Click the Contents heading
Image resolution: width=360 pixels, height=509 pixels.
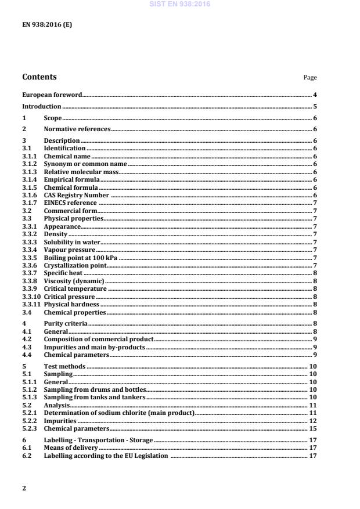[x=39, y=77]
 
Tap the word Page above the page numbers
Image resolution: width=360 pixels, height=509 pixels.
[x=310, y=78]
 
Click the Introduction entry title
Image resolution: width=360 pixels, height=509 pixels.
[x=42, y=107]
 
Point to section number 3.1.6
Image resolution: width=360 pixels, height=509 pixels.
[x=30, y=196]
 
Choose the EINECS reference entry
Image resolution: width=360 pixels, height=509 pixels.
[x=70, y=203]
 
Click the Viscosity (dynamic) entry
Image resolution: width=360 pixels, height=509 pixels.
[x=74, y=281]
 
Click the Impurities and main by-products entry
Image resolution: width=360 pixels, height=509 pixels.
[x=95, y=347]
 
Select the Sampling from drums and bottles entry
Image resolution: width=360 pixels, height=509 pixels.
[x=95, y=389]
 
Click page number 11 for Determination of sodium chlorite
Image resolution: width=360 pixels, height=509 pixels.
[x=312, y=413]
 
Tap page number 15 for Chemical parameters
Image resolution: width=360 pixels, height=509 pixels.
[x=312, y=429]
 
